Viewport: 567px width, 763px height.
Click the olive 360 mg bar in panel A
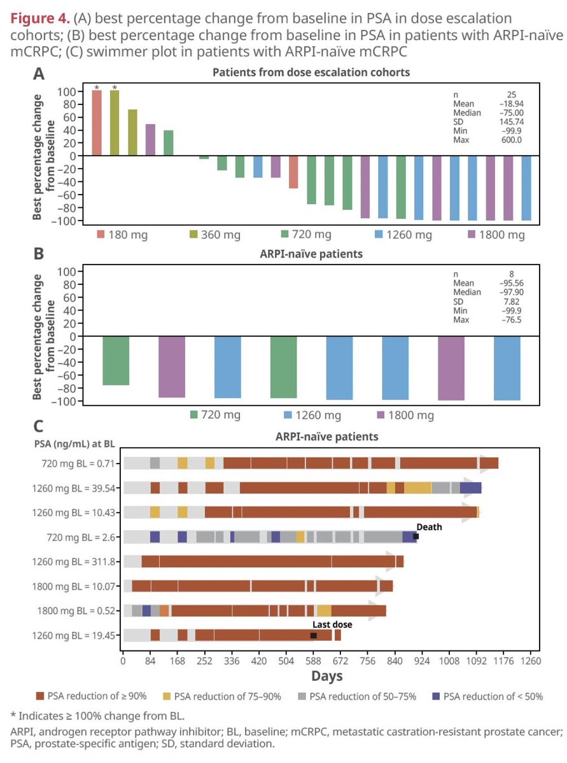(115, 123)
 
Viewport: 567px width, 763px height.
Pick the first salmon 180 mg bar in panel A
(97, 123)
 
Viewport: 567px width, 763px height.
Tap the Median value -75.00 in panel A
(512, 113)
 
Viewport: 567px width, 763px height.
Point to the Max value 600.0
(512, 139)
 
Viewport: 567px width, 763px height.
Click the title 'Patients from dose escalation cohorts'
(311, 72)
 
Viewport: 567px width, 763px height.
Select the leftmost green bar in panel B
(116, 361)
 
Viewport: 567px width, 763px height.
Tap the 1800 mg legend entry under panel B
(405, 415)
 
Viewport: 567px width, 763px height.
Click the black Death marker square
(416, 537)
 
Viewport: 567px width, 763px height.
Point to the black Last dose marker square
(314, 635)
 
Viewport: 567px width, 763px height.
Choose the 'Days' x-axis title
(327, 675)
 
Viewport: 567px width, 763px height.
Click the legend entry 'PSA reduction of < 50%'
(487, 696)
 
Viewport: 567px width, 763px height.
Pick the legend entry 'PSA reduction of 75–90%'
(218, 696)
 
